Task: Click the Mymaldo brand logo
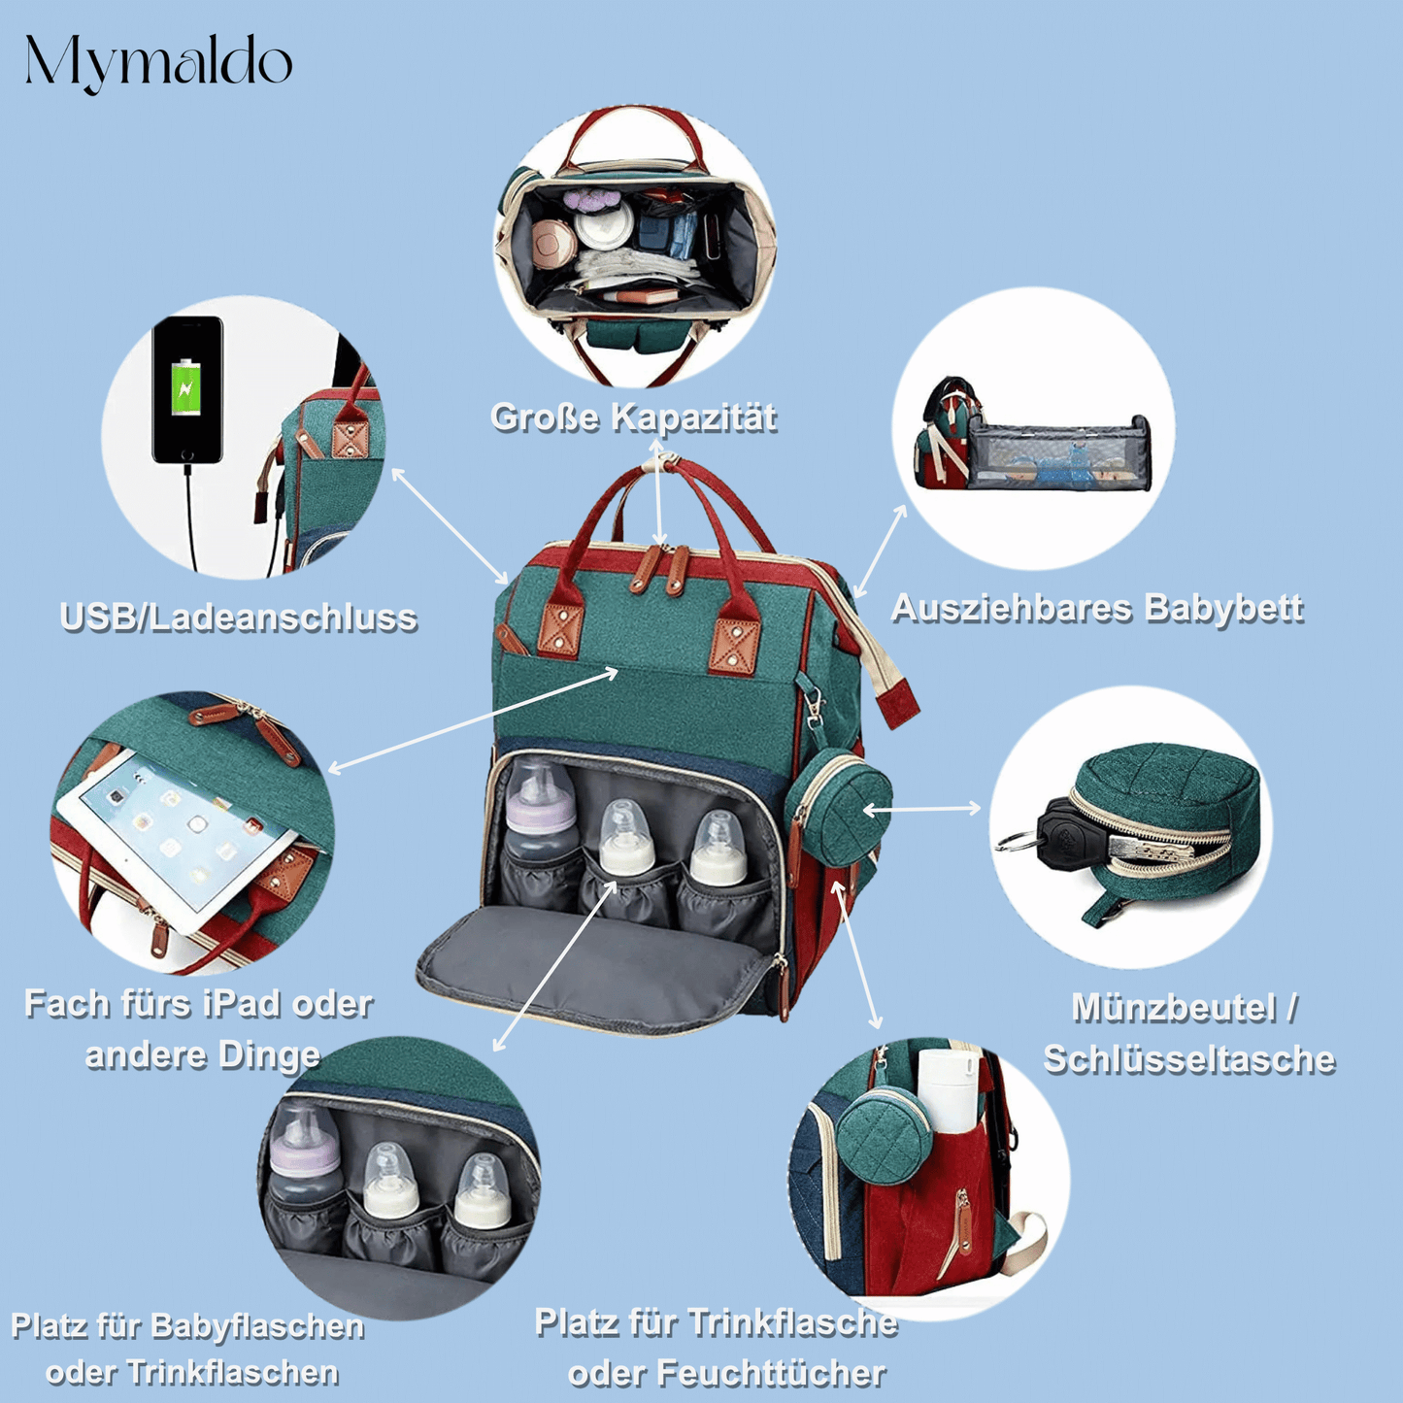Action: [158, 63]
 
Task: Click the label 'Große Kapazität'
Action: [633, 418]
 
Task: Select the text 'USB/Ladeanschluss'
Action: [239, 618]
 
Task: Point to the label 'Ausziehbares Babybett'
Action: [1096, 608]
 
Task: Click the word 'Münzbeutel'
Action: [1172, 1008]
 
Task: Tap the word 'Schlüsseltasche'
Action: [1189, 1059]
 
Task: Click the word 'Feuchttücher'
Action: [773, 1373]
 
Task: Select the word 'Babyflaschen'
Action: [258, 1326]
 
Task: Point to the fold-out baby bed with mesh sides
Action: [1063, 453]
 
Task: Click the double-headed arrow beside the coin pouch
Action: [922, 809]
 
